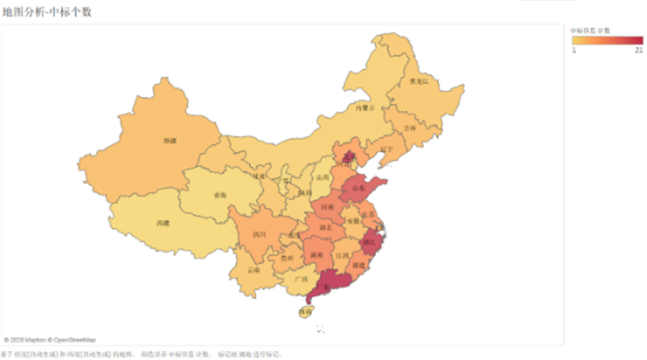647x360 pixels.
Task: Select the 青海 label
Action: click(x=220, y=193)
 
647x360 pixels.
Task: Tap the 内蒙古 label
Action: click(x=363, y=107)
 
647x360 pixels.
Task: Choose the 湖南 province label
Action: click(x=316, y=253)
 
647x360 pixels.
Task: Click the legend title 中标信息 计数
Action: click(x=590, y=30)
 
